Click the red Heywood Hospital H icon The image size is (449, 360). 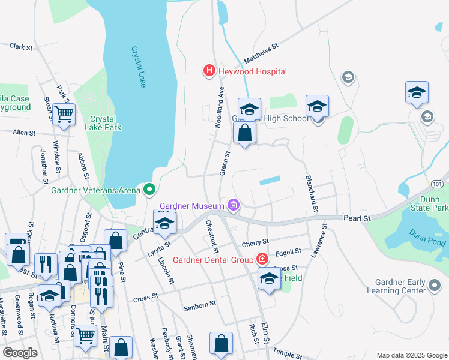[209, 71]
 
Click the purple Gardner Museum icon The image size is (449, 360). [234, 206]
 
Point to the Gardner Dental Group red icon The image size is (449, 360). [262, 260]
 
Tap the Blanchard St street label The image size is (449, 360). [311, 193]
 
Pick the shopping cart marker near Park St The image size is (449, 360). [64, 114]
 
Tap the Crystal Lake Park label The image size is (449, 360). [106, 123]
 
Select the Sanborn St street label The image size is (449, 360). [200, 305]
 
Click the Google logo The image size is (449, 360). [20, 353]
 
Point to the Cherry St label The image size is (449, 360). [255, 244]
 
